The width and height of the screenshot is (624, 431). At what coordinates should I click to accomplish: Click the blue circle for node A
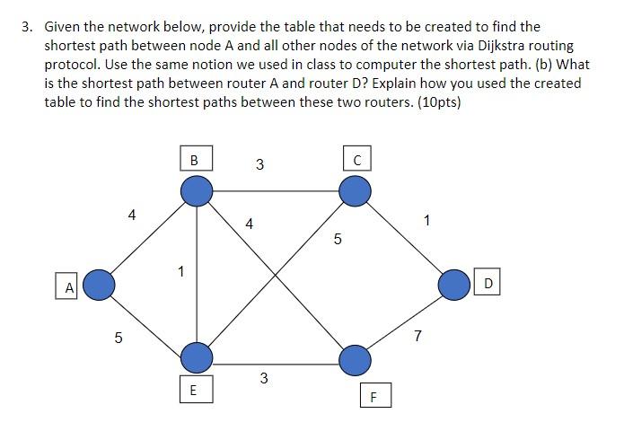pyautogui.click(x=100, y=286)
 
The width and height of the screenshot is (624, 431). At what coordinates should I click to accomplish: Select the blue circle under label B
pyautogui.click(x=197, y=190)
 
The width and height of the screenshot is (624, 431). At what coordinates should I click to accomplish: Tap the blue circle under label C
pyautogui.click(x=356, y=190)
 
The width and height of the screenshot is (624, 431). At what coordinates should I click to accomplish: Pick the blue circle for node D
pyautogui.click(x=454, y=285)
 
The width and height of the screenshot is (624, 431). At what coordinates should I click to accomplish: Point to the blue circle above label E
pyautogui.click(x=197, y=357)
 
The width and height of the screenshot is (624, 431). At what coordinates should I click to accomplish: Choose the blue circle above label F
pyautogui.click(x=356, y=360)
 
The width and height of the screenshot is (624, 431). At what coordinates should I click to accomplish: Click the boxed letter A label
pyautogui.click(x=68, y=287)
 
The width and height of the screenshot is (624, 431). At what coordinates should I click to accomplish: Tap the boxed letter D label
pyautogui.click(x=488, y=284)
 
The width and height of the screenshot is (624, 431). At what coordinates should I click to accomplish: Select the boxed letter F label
pyautogui.click(x=374, y=396)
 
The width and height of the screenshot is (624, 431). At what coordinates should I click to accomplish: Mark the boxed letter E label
pyautogui.click(x=194, y=391)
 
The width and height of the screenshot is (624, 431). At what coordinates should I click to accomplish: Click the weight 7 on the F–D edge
pyautogui.click(x=417, y=337)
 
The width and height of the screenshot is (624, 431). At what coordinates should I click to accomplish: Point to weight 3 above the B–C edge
pyautogui.click(x=259, y=164)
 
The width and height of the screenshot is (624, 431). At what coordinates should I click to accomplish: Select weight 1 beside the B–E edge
pyautogui.click(x=181, y=270)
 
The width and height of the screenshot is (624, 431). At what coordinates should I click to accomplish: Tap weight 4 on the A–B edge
pyautogui.click(x=132, y=215)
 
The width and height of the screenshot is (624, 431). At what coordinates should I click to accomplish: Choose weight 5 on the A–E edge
pyautogui.click(x=119, y=338)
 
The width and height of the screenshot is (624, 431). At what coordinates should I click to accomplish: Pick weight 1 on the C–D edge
pyautogui.click(x=426, y=220)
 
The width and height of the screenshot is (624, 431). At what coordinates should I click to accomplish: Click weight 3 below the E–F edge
pyautogui.click(x=263, y=378)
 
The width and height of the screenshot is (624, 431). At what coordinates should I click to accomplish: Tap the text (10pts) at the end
pyautogui.click(x=437, y=101)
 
